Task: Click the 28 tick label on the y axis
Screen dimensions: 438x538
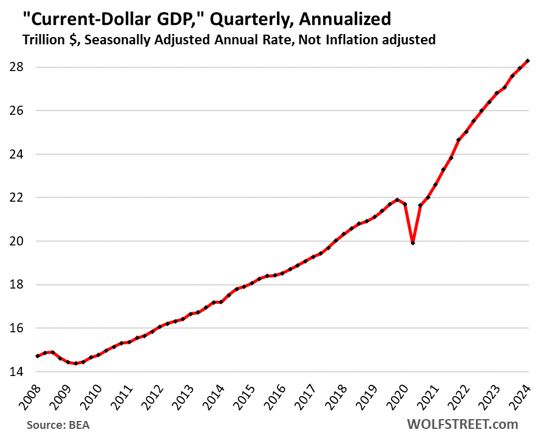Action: point(15,67)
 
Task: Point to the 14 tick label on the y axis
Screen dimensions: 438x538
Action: point(15,372)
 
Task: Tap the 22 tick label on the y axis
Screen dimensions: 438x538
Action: point(15,197)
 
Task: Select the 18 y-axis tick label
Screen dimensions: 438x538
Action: point(15,284)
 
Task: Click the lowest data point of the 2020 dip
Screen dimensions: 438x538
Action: point(413,243)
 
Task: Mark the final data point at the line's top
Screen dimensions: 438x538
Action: point(528,61)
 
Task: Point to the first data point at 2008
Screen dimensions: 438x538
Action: point(38,356)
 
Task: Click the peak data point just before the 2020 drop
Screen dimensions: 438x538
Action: point(398,200)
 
